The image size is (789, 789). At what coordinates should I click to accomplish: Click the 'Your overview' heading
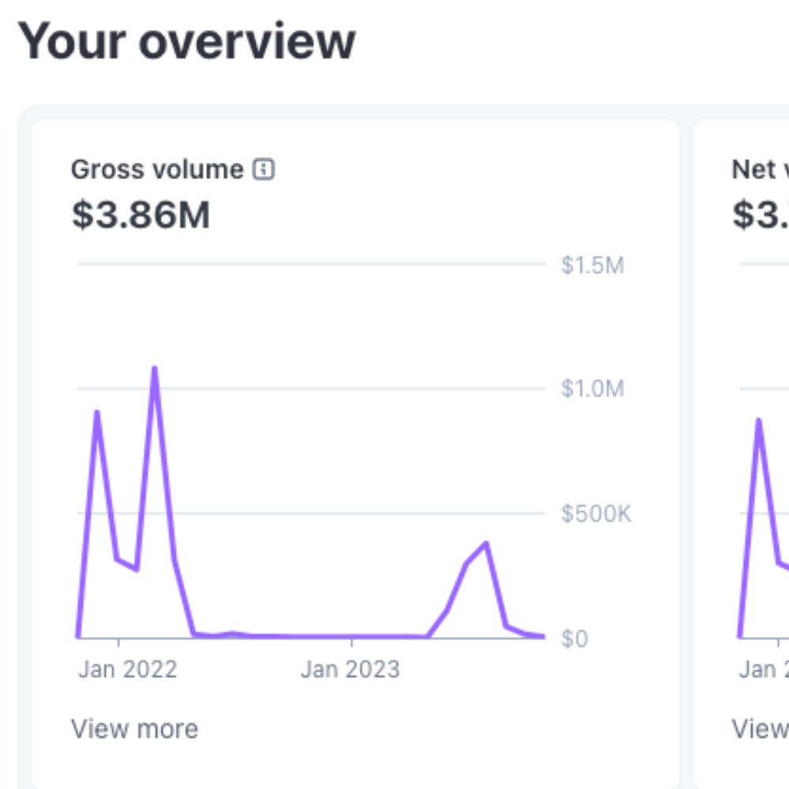tap(186, 41)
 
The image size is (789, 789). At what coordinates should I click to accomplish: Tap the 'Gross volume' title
tap(157, 169)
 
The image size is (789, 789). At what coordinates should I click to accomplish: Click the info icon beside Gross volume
tap(264, 169)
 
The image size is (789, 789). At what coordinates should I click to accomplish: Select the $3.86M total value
tap(140, 215)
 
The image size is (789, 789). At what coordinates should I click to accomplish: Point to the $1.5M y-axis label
tap(592, 265)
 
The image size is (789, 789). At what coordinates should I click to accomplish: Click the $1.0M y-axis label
tap(592, 388)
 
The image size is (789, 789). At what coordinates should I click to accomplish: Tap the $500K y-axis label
tap(596, 514)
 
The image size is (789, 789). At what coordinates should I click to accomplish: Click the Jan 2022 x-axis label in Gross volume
tap(128, 670)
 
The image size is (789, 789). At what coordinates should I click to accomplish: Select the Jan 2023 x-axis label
tap(350, 670)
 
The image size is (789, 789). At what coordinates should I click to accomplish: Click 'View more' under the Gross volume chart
tap(134, 728)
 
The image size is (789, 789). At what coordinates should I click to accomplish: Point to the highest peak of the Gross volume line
tap(155, 368)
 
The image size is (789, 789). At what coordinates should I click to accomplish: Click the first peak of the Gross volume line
tap(96, 412)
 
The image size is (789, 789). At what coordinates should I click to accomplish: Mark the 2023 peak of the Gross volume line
tap(486, 544)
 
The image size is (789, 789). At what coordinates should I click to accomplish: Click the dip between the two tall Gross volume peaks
tap(136, 568)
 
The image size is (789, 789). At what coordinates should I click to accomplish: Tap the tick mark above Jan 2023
tap(351, 643)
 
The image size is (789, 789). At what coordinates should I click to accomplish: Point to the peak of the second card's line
tap(759, 421)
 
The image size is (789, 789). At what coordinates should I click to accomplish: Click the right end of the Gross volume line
tap(543, 636)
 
